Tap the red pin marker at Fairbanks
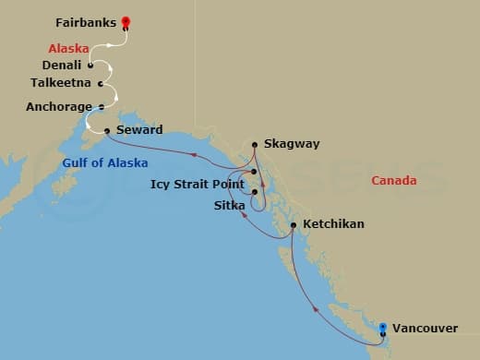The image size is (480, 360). (126, 20)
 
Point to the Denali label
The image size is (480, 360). (61, 66)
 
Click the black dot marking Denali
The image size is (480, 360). (90, 66)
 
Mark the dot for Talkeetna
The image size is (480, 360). (100, 83)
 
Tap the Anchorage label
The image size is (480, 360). (59, 106)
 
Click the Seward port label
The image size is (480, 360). (139, 130)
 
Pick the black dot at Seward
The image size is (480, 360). (107, 130)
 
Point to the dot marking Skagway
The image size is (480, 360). (255, 144)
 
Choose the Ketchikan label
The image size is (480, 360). (333, 224)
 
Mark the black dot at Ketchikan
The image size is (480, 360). (293, 224)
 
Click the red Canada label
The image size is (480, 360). (394, 180)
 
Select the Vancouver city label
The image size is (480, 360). (423, 328)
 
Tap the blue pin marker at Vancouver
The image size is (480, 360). (383, 326)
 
